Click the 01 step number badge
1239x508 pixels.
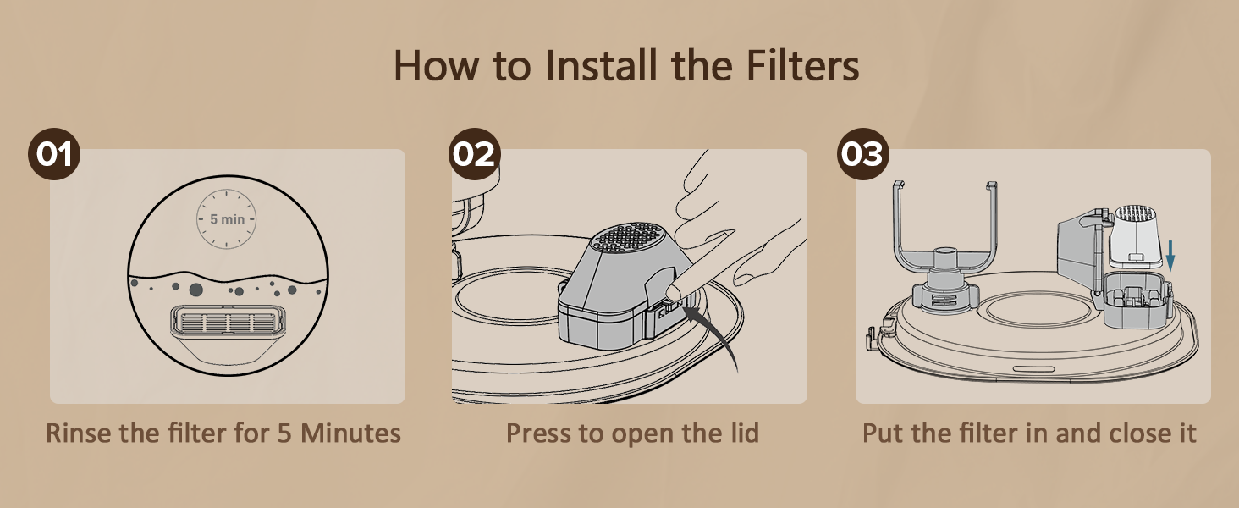coord(54,154)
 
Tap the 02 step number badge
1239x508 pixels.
coord(475,154)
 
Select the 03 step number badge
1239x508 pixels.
coord(863,154)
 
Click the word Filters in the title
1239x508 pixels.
coord(802,65)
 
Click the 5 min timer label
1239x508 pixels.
coord(227,219)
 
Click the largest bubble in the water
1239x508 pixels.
coord(195,290)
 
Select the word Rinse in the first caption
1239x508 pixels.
coord(79,433)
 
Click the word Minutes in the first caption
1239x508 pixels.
coord(350,433)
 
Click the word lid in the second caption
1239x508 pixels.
coord(744,433)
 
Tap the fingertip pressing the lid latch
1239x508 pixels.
coord(673,291)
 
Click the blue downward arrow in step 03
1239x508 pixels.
coord(1170,256)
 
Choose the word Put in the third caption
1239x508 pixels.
coord(884,433)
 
